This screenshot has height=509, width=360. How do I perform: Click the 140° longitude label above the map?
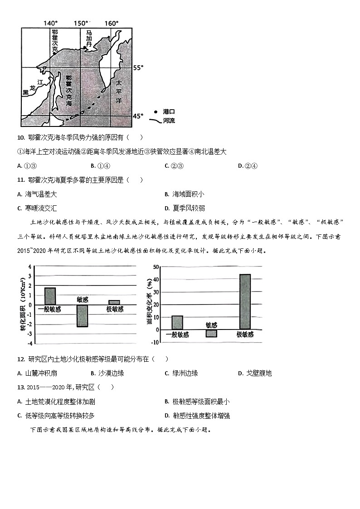point(51,23)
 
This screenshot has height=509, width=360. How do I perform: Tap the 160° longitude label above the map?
point(111,23)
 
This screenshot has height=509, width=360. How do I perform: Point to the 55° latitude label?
point(138,68)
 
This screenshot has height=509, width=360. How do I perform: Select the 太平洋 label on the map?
point(118,92)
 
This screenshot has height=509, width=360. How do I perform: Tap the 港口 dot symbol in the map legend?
point(156,111)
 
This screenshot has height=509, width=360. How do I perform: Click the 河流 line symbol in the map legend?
point(156,121)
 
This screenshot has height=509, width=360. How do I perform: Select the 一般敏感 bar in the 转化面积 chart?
point(50,296)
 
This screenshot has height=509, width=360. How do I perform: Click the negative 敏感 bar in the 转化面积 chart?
point(82,315)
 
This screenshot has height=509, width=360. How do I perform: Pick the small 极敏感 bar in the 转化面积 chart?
point(114,302)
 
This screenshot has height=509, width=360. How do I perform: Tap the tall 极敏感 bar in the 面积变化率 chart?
point(245,301)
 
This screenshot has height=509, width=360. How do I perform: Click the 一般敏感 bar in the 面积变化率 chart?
point(177,322)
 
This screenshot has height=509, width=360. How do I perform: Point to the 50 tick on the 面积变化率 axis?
point(156,267)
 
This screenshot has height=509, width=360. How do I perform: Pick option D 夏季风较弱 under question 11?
point(186,208)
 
